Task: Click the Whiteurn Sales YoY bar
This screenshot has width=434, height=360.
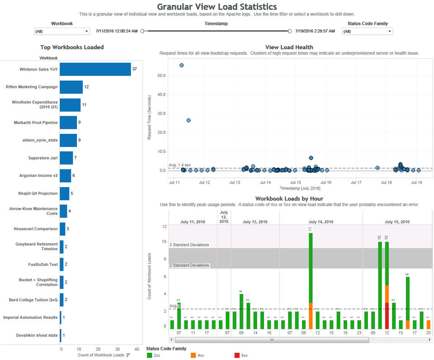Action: pos(95,69)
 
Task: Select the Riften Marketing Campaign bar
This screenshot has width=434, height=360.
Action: pos(71,87)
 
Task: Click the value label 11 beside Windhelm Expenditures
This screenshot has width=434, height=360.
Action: pos(84,104)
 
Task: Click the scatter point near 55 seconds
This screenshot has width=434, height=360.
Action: pos(182,65)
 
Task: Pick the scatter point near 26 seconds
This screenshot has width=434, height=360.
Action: pos(189,120)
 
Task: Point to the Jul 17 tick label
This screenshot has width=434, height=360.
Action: pos(356,183)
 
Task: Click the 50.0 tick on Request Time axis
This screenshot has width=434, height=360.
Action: pos(161,76)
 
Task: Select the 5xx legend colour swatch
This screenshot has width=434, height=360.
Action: pos(238,355)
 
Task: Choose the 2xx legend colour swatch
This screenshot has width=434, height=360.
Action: pos(150,355)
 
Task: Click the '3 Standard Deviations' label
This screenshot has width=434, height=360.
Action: pos(189,245)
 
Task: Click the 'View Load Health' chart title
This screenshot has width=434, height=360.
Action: pos(289,47)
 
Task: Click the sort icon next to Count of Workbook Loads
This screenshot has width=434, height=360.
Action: pos(128,355)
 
